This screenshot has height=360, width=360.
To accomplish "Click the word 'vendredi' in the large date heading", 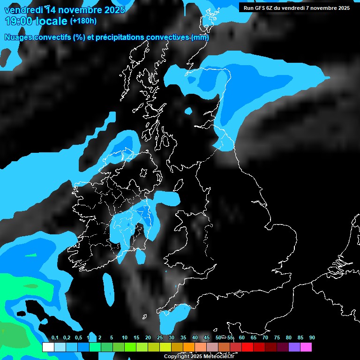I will pyautogui.click(x=23, y=9).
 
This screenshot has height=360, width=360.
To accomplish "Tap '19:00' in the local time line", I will pyautogui.click(x=18, y=21).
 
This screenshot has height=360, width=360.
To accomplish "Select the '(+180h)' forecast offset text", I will pyautogui.click(x=83, y=21).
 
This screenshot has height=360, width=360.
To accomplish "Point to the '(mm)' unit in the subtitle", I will pyautogui.click(x=200, y=37).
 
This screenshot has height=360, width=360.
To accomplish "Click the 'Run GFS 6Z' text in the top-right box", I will pyautogui.click(x=261, y=7).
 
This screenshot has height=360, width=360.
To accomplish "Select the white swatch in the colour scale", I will pyautogui.click(x=48, y=347).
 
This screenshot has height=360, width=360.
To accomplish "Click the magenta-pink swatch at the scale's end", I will pyautogui.click(x=306, y=347).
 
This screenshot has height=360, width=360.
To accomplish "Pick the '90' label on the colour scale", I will pyautogui.click(x=312, y=338).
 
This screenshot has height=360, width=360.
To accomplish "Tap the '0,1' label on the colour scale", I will pyautogui.click(x=54, y=338).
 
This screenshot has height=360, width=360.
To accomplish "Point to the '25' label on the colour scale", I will pyautogui.click(x=159, y=338).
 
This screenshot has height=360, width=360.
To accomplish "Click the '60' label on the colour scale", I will pyautogui.click(x=241, y=338).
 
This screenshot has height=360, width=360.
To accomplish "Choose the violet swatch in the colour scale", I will pyautogui.click(x=294, y=347).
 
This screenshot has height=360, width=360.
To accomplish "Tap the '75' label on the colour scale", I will pyautogui.click(x=277, y=338).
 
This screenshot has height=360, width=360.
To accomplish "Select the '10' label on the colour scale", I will pyautogui.click(x=124, y=338).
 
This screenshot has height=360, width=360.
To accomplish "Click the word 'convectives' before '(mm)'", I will pyautogui.click(x=168, y=37).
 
